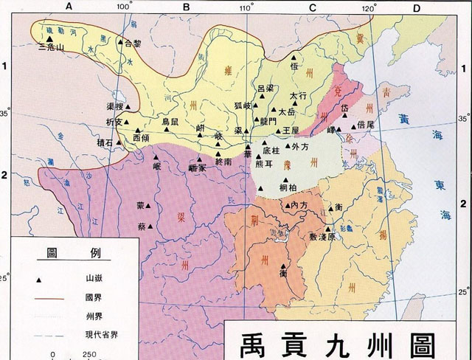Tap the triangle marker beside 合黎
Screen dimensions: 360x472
coord(119,44)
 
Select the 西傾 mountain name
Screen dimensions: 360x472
coord(141,138)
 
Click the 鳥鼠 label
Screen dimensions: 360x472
coord(170,122)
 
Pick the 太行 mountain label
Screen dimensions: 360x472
coord(297,96)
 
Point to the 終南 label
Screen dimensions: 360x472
coord(224,161)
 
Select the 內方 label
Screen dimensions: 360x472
coord(298,204)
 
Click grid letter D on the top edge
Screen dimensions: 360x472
coord(416,7)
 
